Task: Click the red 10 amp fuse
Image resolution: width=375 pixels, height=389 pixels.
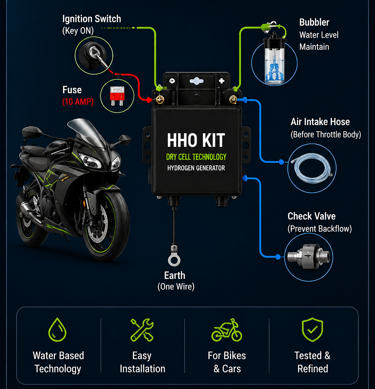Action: pos(117,96)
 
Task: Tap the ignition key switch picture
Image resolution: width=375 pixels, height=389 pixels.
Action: pos(94,56)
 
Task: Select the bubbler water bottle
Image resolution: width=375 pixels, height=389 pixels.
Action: pos(274,60)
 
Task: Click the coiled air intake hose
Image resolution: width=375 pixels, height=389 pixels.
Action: pos(312,168)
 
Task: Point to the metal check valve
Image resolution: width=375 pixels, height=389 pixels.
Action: pos(308,257)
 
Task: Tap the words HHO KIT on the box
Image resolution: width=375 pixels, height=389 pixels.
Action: pos(196,140)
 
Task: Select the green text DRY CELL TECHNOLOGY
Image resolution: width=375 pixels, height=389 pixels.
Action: pos(196,157)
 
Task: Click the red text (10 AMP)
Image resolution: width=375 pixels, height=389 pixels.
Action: pos(78,102)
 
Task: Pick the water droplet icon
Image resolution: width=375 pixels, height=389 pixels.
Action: pos(57,330)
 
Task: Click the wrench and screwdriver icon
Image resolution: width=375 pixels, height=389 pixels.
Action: pos(142,330)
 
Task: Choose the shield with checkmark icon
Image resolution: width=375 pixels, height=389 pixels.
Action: pos(312,330)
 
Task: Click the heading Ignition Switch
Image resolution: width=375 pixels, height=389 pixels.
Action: pos(92,19)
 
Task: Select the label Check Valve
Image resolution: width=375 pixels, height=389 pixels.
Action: pos(311,216)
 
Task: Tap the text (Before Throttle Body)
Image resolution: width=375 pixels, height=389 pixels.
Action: pos(326,134)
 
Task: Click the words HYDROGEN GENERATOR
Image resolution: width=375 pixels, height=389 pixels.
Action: pos(196,168)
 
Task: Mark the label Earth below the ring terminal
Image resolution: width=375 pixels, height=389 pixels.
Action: pos(175,276)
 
